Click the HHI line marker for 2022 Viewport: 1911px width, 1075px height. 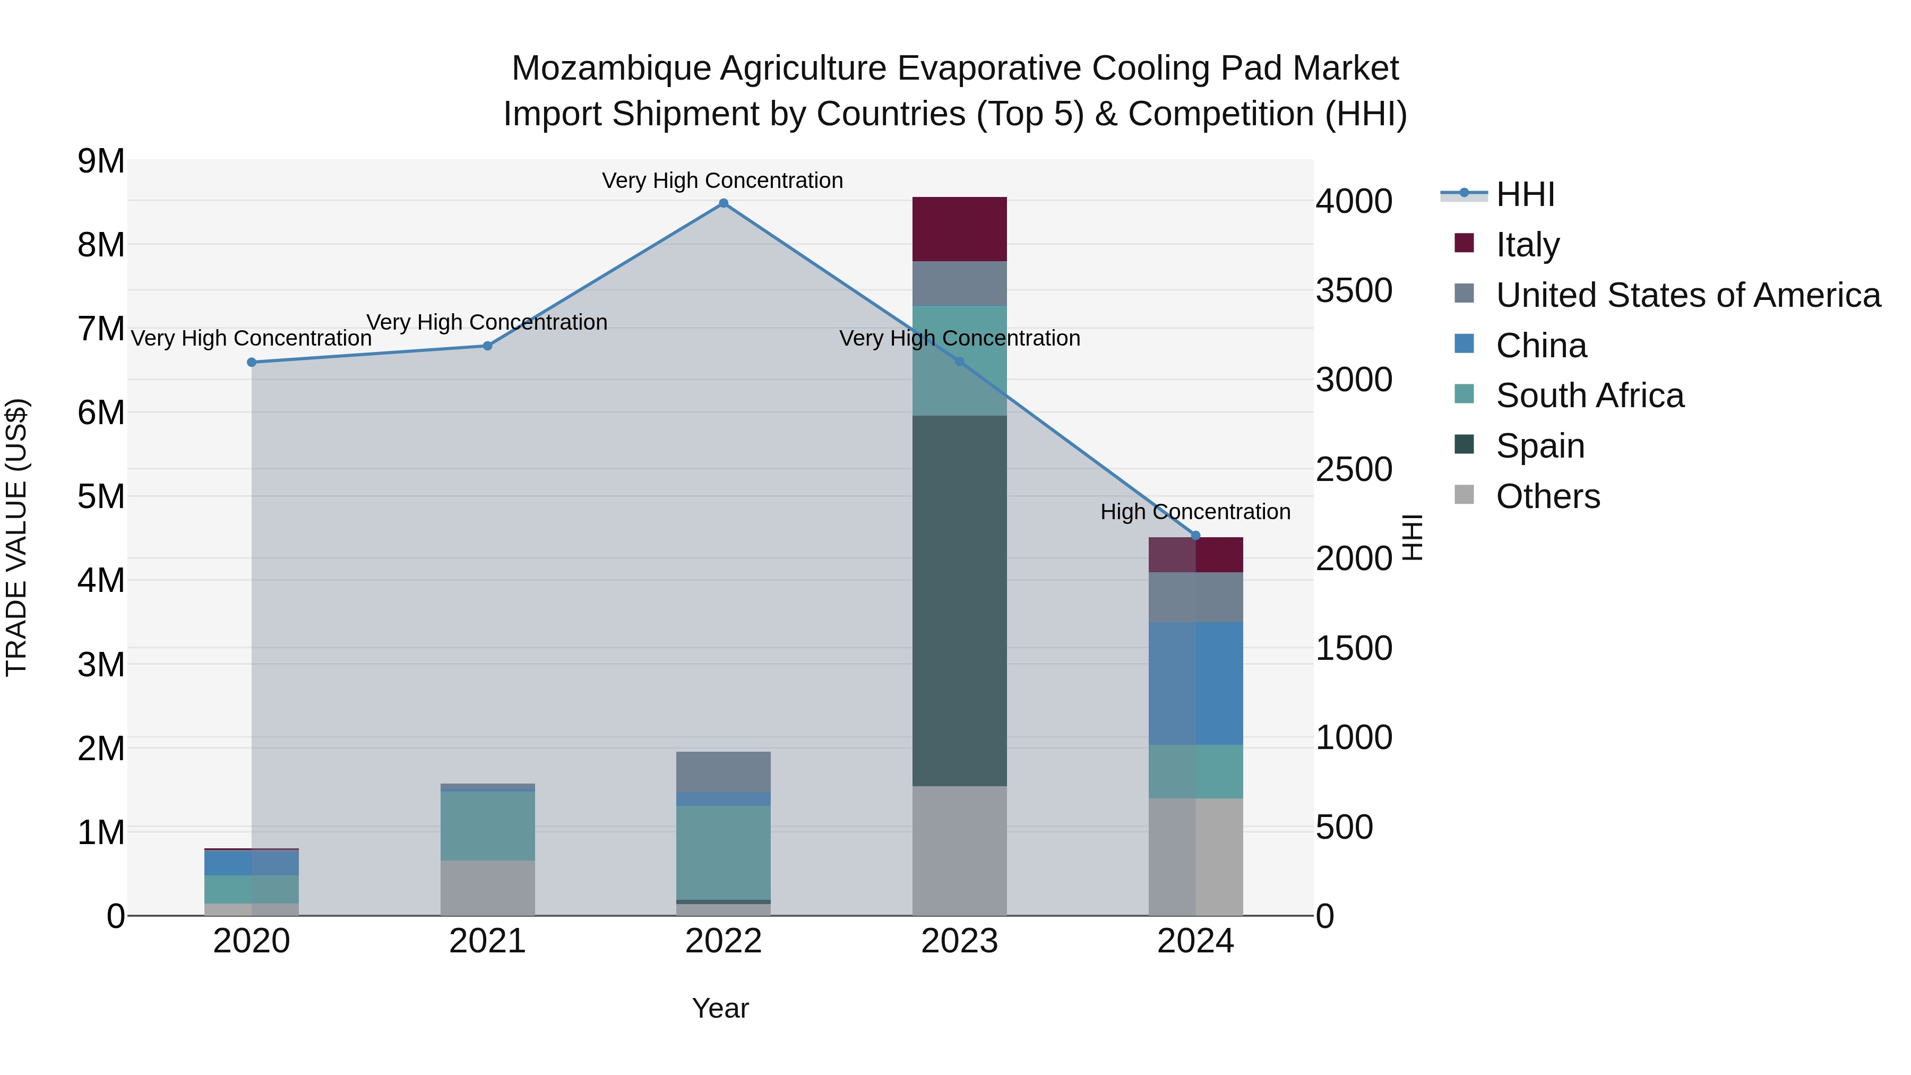724,203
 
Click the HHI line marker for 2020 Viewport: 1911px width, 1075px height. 252,362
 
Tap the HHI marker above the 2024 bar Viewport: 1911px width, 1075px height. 1195,536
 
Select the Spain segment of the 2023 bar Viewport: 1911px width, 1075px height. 959,600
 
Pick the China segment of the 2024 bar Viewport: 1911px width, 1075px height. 1195,683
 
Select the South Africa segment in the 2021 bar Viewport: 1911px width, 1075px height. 487,825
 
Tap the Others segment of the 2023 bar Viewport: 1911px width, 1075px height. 959,850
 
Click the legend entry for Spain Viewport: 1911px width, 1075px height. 1539,446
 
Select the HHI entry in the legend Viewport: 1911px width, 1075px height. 1525,194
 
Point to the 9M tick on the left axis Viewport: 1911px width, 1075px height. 101,161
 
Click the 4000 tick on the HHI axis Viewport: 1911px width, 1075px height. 1354,201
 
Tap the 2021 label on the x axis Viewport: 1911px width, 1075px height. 487,941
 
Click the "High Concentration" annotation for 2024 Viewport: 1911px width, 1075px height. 1195,512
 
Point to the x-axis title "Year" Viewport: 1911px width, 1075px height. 720,1008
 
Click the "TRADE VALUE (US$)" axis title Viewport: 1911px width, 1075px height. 16,537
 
